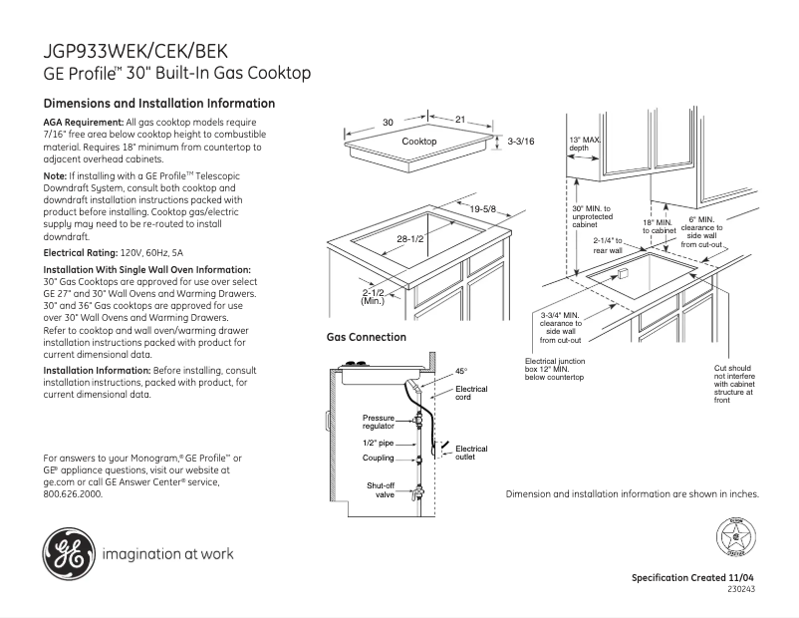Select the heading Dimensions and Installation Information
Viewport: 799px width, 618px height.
[159, 104]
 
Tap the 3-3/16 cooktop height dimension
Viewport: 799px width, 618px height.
[521, 143]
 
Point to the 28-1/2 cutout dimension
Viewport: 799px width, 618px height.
[410, 239]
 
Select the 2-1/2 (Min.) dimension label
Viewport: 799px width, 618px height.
[373, 295]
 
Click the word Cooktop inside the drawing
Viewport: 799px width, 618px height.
[419, 143]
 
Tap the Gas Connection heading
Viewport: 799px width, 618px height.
[367, 338]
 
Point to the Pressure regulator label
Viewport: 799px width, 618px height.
[379, 422]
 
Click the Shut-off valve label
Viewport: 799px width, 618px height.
[379, 489]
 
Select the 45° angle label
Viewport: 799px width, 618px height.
[460, 371]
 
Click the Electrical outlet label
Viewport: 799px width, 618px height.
[471, 454]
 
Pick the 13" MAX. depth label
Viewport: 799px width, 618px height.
[585, 144]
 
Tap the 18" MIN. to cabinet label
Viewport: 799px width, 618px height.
[659, 226]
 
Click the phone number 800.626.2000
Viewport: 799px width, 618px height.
[73, 493]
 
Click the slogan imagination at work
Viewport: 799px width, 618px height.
[167, 554]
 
